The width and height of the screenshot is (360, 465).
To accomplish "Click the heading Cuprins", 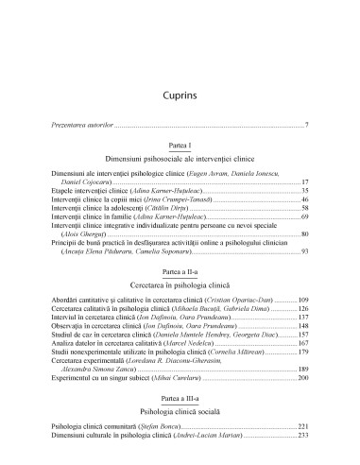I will coord(180,71).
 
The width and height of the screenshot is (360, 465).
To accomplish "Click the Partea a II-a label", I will coord(180,281).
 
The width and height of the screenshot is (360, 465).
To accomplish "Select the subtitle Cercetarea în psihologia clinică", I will coord(180,292).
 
